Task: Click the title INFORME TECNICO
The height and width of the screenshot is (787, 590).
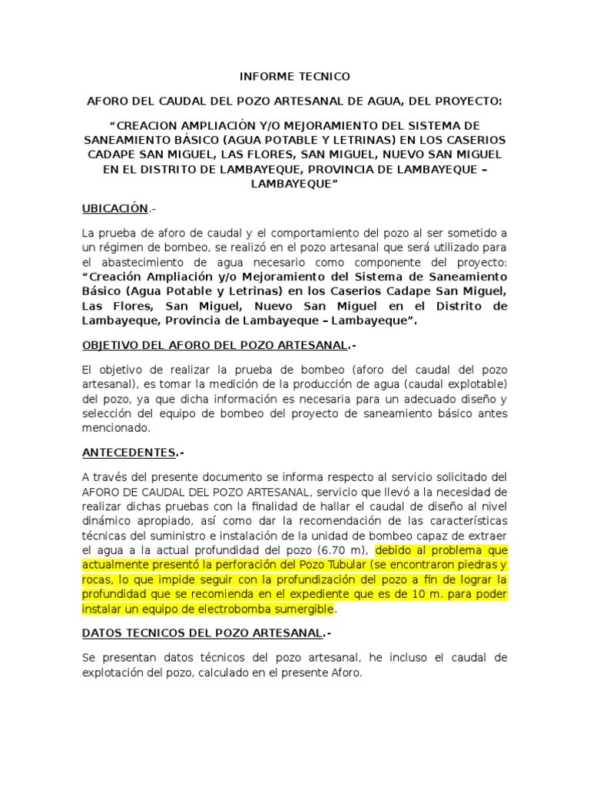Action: (295, 77)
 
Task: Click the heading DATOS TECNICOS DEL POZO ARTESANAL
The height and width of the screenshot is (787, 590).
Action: (201, 633)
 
